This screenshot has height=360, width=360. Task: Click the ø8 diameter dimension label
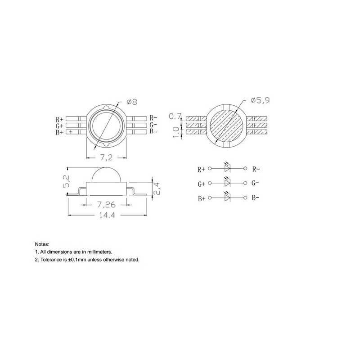132,102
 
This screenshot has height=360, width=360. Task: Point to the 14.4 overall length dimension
107,216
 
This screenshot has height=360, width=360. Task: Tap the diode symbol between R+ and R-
228,169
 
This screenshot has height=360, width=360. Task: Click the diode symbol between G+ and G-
228,183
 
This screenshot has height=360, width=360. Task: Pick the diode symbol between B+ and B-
228,198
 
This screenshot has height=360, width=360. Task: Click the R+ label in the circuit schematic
201,170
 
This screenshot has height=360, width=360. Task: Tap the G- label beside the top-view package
153,125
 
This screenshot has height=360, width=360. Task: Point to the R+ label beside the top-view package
59,120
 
